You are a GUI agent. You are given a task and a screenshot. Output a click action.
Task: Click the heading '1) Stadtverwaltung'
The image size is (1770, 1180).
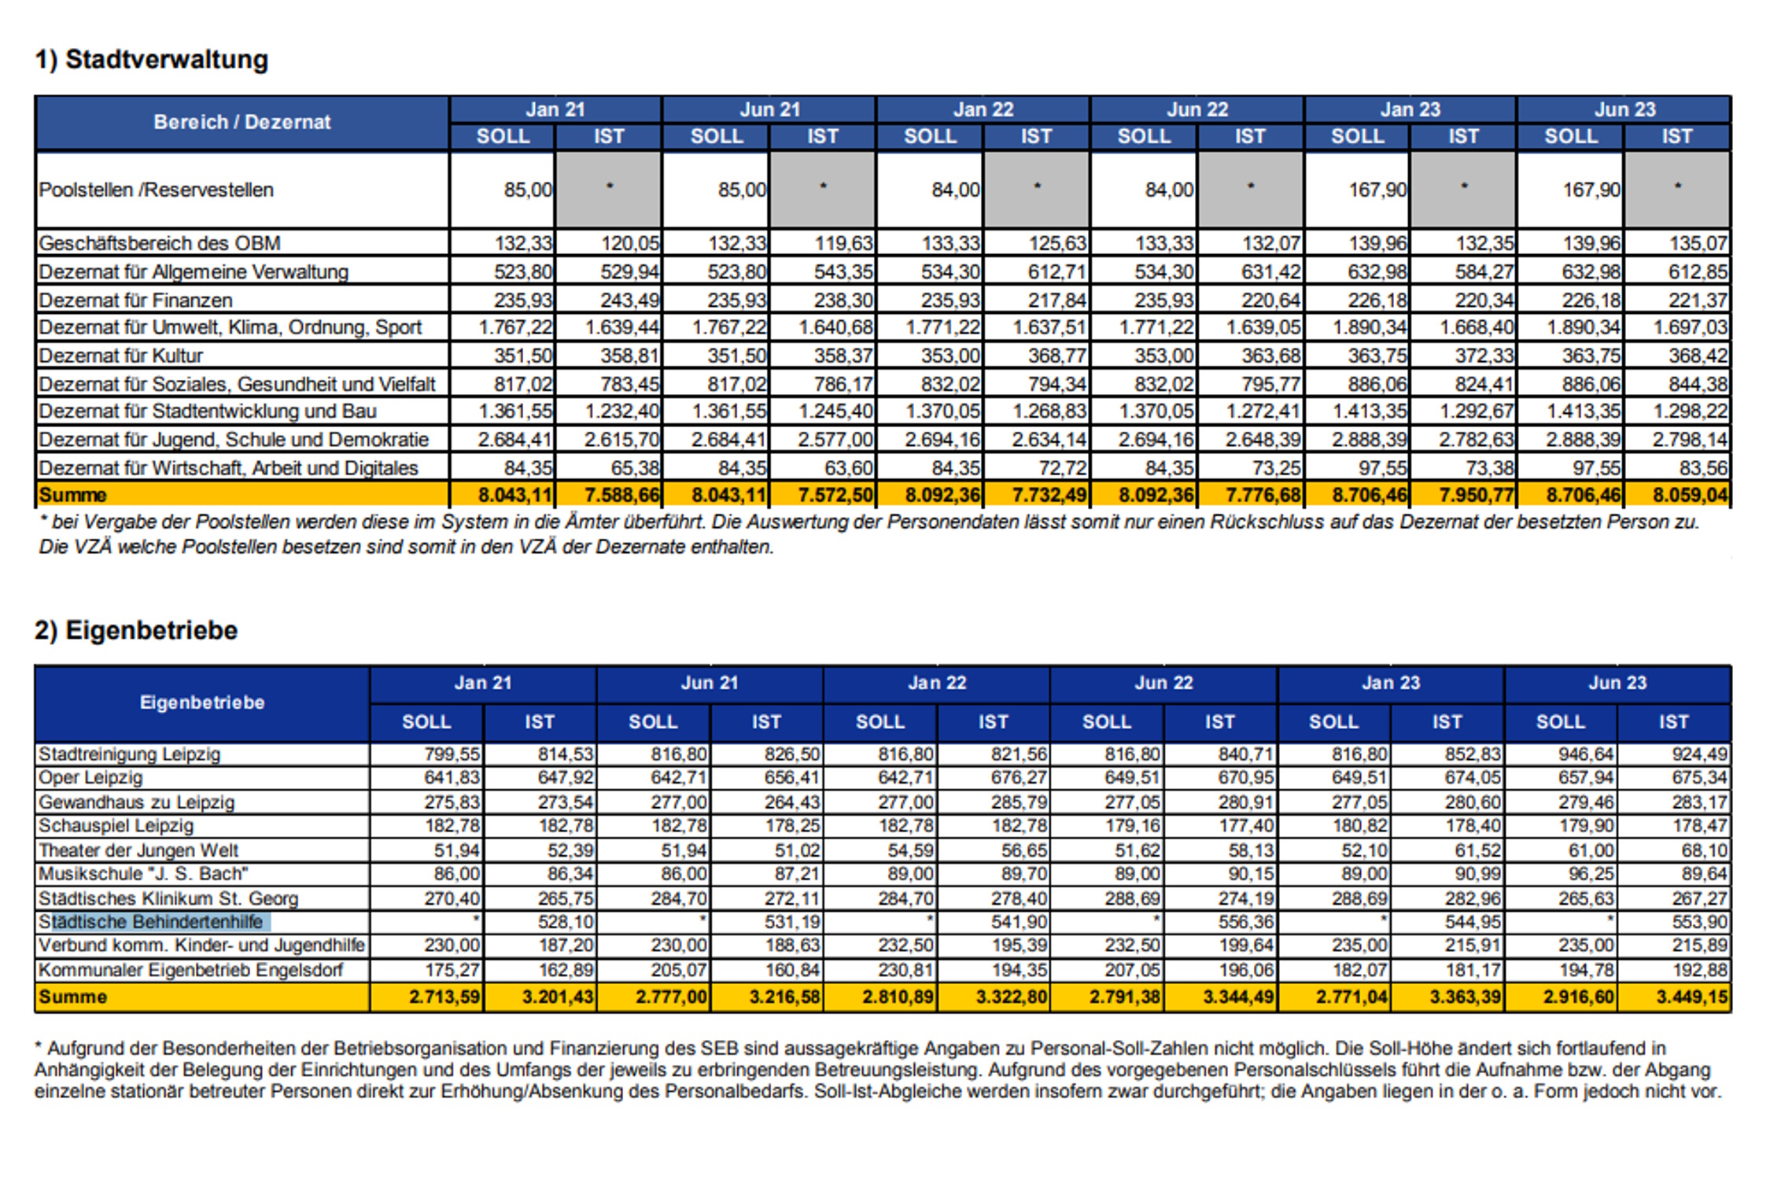(x=151, y=60)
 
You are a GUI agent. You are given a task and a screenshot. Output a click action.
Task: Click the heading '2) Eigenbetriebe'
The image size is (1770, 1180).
(x=135, y=630)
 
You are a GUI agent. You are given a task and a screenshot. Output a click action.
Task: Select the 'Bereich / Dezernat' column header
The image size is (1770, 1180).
(x=242, y=122)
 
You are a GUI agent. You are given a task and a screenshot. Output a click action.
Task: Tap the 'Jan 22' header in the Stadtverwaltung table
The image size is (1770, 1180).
(x=983, y=109)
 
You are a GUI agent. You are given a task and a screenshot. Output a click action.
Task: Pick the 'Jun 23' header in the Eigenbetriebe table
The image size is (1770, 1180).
(x=1617, y=683)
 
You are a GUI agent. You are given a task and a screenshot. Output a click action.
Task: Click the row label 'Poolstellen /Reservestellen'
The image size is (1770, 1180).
(x=156, y=190)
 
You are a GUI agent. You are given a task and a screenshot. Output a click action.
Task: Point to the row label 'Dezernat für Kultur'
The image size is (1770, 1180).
(x=120, y=356)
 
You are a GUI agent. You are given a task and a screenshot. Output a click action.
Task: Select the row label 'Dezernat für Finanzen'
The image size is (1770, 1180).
(x=135, y=300)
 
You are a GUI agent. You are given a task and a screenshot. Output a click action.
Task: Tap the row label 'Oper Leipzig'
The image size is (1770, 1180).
(x=90, y=777)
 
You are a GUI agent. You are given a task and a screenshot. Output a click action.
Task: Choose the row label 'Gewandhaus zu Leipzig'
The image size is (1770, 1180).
(x=136, y=802)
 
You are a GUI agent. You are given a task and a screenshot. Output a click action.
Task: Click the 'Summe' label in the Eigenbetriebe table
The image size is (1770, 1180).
(x=72, y=997)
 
